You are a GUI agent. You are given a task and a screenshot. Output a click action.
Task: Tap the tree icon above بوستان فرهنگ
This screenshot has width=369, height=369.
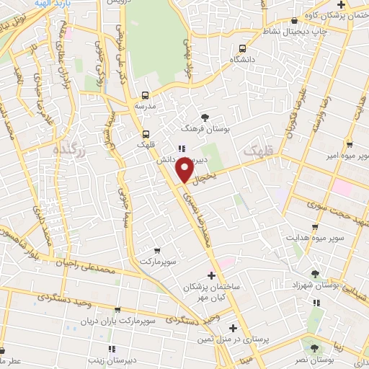pos(206,117)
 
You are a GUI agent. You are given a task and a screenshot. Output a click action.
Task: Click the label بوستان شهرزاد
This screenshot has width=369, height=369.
pos(316,285)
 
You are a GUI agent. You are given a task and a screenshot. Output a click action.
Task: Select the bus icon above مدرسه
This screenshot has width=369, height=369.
pos(146,94)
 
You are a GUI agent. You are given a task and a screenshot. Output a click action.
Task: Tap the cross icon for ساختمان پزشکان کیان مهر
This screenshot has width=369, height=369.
pos(210,275)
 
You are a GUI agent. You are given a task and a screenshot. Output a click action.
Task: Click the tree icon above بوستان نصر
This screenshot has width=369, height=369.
pos(312,347)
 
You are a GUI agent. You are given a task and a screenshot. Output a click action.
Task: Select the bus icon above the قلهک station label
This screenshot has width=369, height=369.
pos(146,133)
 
